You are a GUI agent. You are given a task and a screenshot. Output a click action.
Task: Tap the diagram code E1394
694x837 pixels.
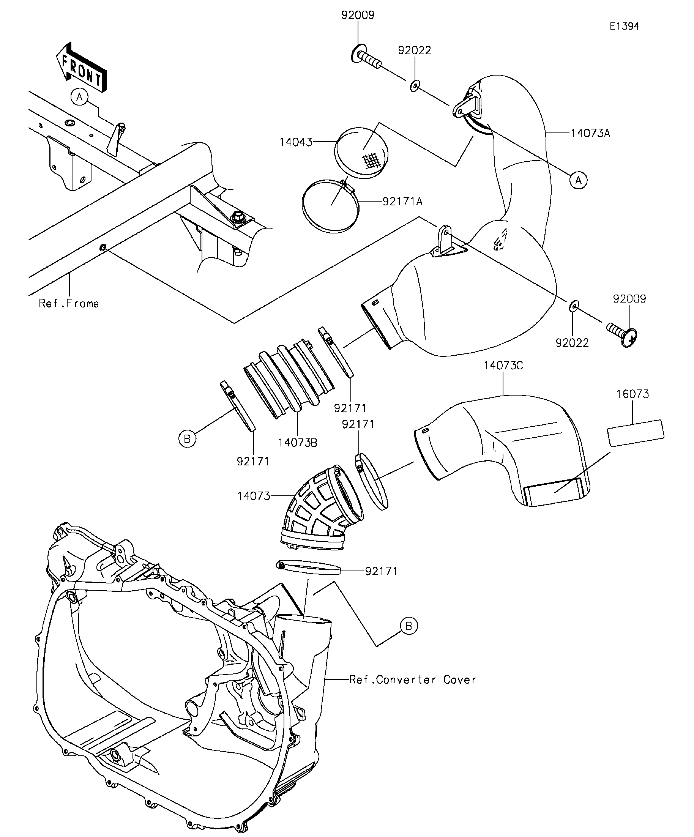(624, 26)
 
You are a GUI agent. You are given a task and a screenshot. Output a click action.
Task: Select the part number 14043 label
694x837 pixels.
(296, 142)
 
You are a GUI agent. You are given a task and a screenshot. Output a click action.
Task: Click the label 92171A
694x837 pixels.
(402, 201)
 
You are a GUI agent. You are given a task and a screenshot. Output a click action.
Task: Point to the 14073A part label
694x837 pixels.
(590, 133)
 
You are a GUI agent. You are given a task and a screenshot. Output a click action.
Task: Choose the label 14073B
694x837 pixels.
(298, 443)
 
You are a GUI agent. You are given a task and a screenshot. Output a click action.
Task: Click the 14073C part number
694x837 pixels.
(503, 366)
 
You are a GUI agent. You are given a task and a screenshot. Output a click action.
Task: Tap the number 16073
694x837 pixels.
(632, 394)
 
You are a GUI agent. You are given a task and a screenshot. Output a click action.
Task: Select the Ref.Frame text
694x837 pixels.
(69, 303)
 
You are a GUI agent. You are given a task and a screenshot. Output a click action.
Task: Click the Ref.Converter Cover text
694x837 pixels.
(413, 679)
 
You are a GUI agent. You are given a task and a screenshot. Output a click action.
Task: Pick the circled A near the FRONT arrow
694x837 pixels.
(80, 97)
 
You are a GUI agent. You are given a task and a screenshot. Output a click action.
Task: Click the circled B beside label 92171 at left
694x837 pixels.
(187, 439)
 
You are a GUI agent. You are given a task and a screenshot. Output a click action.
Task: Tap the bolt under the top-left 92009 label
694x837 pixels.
(366, 58)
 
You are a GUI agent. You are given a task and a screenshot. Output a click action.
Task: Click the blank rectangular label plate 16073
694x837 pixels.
(636, 433)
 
